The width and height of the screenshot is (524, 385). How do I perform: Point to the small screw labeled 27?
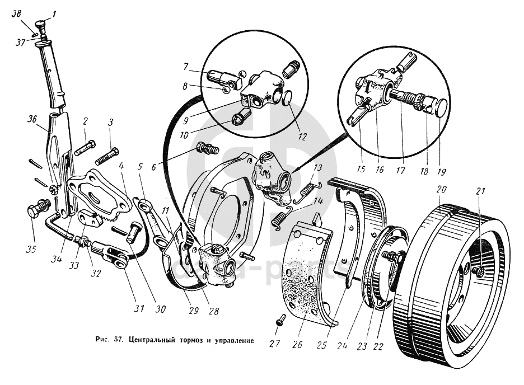coord(281,320)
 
